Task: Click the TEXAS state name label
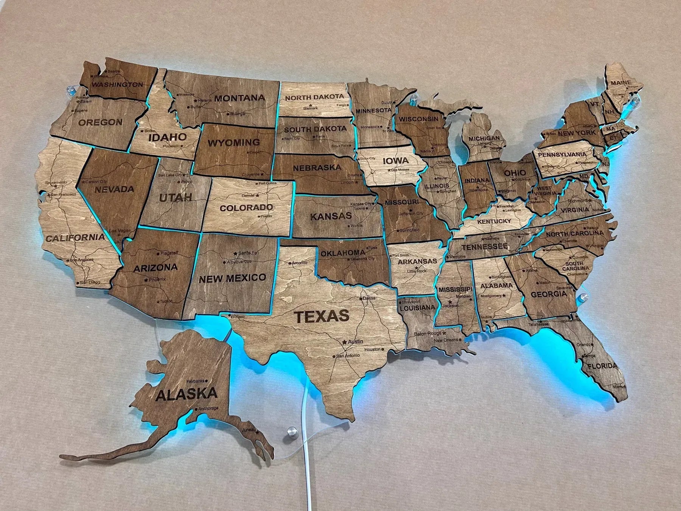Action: point(322,316)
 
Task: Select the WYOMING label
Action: point(234,143)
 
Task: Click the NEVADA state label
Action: point(114,189)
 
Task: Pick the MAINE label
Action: point(621,83)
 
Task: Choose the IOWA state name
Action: point(395,160)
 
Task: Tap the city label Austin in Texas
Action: point(355,341)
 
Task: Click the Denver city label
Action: point(249,196)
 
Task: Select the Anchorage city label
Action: point(208,408)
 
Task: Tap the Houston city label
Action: point(372,349)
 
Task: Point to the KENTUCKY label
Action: point(494,221)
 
